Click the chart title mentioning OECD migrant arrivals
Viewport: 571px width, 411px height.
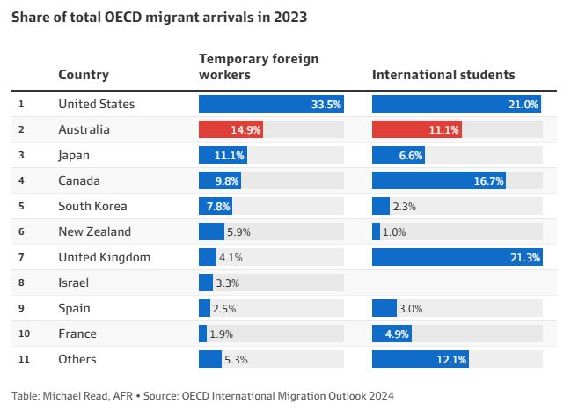pyautogui.click(x=159, y=17)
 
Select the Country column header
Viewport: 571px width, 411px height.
pyautogui.click(x=84, y=75)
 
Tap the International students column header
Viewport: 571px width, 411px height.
pyautogui.click(x=443, y=75)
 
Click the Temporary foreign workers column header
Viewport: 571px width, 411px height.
pyautogui.click(x=259, y=67)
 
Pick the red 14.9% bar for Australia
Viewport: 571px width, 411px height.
pyautogui.click(x=231, y=129)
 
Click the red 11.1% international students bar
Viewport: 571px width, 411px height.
pyautogui.click(x=417, y=129)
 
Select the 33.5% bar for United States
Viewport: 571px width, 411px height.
pyautogui.click(x=271, y=104)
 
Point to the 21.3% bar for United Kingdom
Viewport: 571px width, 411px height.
pyautogui.click(x=458, y=257)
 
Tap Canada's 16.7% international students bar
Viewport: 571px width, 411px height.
pyautogui.click(x=439, y=180)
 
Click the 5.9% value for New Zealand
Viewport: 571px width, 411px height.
pyautogui.click(x=238, y=232)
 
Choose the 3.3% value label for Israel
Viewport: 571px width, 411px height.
pyautogui.click(x=228, y=283)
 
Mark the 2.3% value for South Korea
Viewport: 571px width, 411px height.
pyautogui.click(x=404, y=207)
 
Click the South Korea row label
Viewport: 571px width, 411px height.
pyautogui.click(x=92, y=206)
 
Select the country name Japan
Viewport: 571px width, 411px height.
pyautogui.click(x=74, y=156)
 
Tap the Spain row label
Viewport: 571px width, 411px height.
pyautogui.click(x=74, y=309)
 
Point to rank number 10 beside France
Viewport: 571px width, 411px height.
pyautogui.click(x=24, y=334)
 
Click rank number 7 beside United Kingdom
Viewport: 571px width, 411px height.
pyautogui.click(x=21, y=257)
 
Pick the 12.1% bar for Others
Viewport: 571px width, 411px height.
pyautogui.click(x=421, y=359)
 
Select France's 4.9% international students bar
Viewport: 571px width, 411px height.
pyautogui.click(x=392, y=334)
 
